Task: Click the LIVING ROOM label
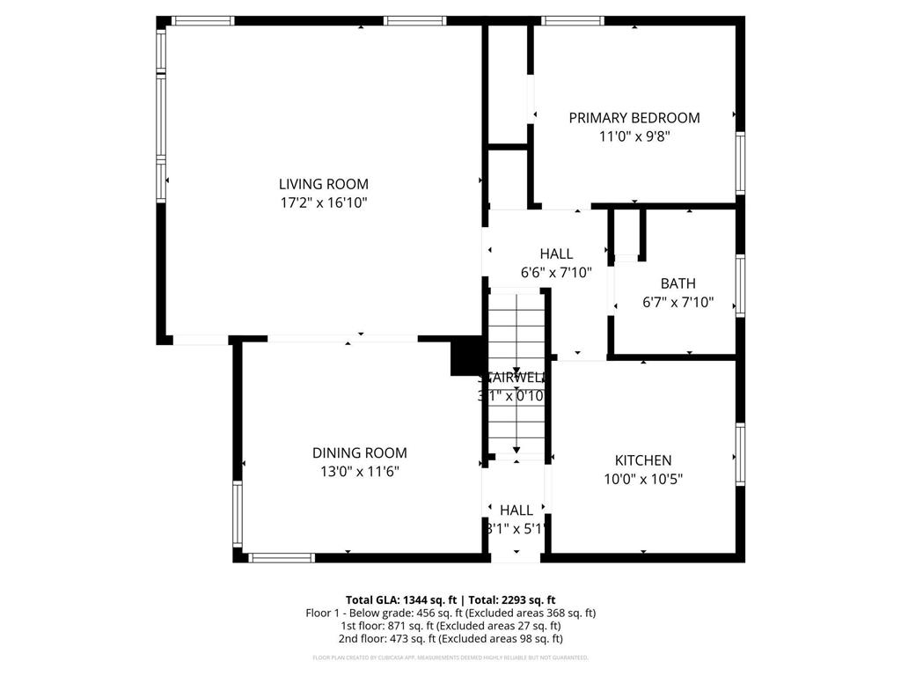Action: click(x=323, y=184)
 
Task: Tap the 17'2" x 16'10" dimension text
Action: click(x=323, y=203)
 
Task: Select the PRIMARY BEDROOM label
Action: click(x=634, y=118)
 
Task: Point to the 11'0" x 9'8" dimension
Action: click(x=634, y=137)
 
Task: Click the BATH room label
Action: click(x=678, y=283)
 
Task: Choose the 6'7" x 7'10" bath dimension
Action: click(x=678, y=303)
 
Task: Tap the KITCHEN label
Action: click(x=642, y=460)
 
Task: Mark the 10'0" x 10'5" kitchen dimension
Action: click(x=642, y=480)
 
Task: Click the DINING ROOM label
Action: click(x=359, y=453)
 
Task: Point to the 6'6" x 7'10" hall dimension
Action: click(x=556, y=273)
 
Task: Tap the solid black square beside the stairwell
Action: click(x=464, y=358)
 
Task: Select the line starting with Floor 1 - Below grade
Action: click(x=450, y=613)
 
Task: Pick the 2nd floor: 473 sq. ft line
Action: click(x=450, y=639)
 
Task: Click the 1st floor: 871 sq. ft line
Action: click(x=450, y=626)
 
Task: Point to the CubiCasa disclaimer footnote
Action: click(x=450, y=658)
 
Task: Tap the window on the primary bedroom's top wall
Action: click(x=573, y=20)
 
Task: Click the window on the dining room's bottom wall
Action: click(x=282, y=557)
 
